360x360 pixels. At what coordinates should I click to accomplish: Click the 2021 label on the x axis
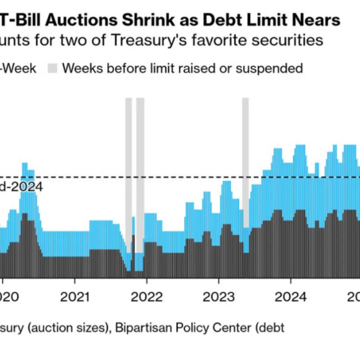[75, 297]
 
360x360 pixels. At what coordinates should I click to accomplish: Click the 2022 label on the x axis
[147, 297]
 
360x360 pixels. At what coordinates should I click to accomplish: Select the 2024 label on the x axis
[291, 297]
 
